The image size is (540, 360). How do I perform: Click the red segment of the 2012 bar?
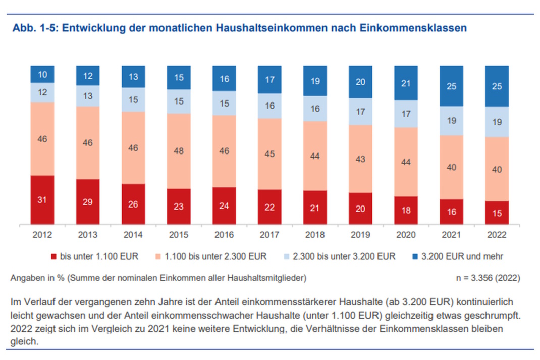click(42, 199)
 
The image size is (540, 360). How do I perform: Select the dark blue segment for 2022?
click(497, 86)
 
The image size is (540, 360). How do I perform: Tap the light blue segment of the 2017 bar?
click(269, 106)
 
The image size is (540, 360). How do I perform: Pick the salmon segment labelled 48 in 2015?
click(179, 151)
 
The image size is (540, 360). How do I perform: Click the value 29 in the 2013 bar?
click(88, 201)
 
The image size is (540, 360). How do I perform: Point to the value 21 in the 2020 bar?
click(406, 83)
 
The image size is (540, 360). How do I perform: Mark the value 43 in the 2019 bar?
click(360, 159)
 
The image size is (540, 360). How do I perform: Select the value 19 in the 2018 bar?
click(315, 80)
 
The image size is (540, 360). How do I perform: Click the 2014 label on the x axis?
click(133, 235)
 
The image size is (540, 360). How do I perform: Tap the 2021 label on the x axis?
click(451, 235)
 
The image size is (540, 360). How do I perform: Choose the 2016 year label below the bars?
click(224, 235)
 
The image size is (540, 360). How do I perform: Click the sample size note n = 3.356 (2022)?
click(488, 277)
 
